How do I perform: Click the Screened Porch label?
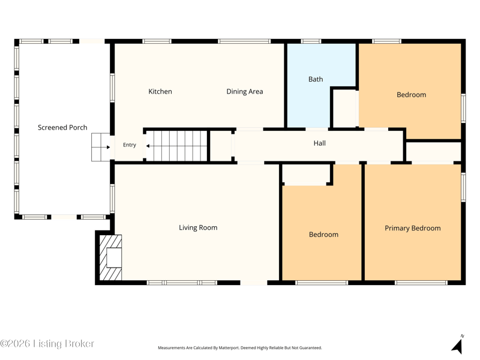[x=62, y=127]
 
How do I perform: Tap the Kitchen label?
[x=160, y=91]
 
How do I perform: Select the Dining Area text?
[x=245, y=91]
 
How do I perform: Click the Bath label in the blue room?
[x=316, y=79]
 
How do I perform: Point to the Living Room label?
[x=198, y=227]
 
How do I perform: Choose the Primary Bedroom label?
[x=413, y=228]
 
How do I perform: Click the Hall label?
[x=320, y=143]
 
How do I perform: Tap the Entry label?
[x=130, y=145]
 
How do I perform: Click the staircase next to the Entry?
[x=177, y=146]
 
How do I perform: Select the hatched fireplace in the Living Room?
[x=111, y=257]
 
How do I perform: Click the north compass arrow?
[x=458, y=344]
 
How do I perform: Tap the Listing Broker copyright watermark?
[x=47, y=343]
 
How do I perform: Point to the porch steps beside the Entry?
[x=101, y=147]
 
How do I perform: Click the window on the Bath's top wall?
[x=311, y=41]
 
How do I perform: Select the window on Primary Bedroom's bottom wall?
[x=421, y=283]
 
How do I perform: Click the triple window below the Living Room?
[x=182, y=283]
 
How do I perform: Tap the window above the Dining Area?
[x=244, y=41]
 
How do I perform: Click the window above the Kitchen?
[x=157, y=41]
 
